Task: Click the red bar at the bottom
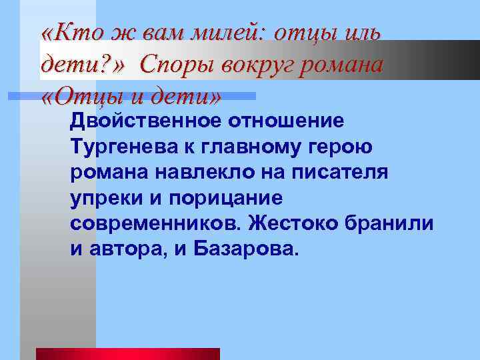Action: point(127,353)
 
